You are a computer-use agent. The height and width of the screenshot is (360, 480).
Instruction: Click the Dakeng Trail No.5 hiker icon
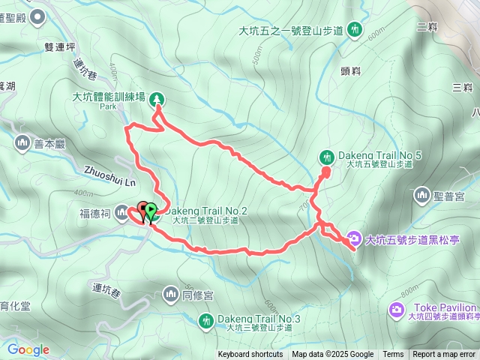tap(327, 157)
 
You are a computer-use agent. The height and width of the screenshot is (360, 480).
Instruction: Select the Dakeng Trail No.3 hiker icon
tap(205, 322)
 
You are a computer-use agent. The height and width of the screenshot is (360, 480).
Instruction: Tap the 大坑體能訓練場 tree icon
tap(157, 98)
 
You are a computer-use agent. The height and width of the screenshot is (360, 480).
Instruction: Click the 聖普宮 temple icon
tap(421, 196)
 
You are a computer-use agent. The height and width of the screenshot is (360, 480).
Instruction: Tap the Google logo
tap(28, 349)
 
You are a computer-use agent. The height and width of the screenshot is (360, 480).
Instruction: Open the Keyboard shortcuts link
tap(250, 355)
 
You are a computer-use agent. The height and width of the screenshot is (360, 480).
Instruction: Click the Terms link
tap(393, 355)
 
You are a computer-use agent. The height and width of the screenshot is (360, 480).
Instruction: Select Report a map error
tap(445, 355)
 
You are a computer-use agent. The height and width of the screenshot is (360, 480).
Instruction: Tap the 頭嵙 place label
tap(352, 71)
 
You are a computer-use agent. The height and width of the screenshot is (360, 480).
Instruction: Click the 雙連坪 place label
tap(60, 46)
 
